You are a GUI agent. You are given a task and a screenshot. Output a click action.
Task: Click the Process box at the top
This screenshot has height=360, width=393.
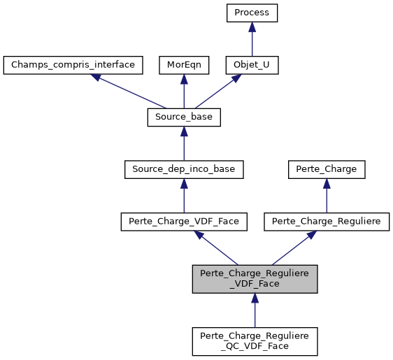click(252, 13)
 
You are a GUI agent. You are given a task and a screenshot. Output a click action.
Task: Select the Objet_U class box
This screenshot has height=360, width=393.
click(252, 65)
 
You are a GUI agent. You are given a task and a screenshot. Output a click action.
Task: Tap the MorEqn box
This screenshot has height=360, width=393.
click(183, 65)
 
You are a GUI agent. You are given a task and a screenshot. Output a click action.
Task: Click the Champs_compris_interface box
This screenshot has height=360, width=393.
click(73, 65)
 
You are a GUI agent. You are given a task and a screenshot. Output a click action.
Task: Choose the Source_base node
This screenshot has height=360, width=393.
click(183, 117)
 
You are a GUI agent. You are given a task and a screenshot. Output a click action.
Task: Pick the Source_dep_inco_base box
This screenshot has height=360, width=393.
click(183, 169)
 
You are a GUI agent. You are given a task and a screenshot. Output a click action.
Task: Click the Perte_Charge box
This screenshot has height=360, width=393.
click(327, 169)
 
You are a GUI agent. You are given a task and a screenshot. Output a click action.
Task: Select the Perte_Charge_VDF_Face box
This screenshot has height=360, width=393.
click(183, 222)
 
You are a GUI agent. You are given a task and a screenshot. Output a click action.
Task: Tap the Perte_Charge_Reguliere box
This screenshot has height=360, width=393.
click(327, 222)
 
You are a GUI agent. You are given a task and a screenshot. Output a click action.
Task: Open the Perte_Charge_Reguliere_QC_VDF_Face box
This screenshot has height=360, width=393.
click(255, 340)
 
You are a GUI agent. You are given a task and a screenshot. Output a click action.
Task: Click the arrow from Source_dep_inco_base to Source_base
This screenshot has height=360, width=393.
click(183, 143)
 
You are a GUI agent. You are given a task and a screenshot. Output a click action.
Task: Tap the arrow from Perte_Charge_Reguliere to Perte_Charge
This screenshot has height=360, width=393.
click(327, 196)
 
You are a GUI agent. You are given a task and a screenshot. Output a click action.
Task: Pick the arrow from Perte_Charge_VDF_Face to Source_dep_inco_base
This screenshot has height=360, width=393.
click(183, 196)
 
